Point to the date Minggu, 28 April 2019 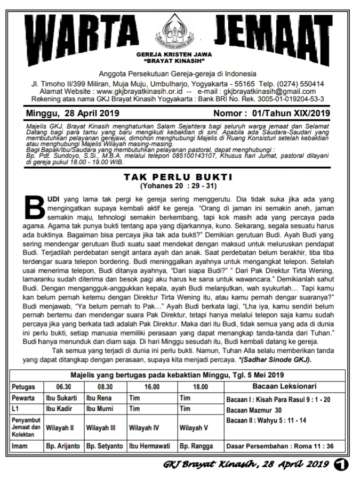click(73, 113)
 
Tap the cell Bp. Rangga click(195, 445)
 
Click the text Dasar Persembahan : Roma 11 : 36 click(280, 445)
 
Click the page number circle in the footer click(340, 464)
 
